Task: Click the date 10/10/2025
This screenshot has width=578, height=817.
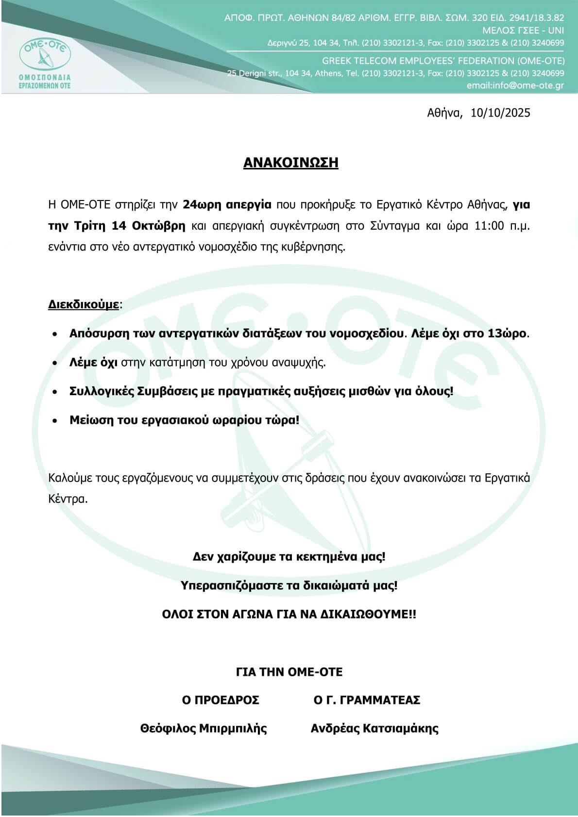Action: coord(500,113)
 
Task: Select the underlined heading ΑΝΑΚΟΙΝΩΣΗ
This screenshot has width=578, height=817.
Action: coord(290,163)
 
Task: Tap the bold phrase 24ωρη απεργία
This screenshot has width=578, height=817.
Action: coord(227,204)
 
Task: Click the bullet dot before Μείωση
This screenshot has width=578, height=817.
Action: coord(56,420)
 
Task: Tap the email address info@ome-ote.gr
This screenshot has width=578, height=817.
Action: coord(529,85)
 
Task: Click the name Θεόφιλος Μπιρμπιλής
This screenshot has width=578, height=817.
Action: coord(204,728)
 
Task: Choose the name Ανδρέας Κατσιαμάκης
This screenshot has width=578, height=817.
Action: coord(374,728)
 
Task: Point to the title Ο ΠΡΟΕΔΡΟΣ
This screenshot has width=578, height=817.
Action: coord(221,700)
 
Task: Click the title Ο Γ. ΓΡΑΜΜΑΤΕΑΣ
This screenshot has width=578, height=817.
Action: coord(367,700)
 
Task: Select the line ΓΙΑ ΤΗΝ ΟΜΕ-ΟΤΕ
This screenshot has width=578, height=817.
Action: coord(289,672)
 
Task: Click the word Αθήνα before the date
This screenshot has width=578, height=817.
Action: coord(443,113)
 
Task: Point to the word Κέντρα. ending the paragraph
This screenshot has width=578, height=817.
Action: coord(68,499)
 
